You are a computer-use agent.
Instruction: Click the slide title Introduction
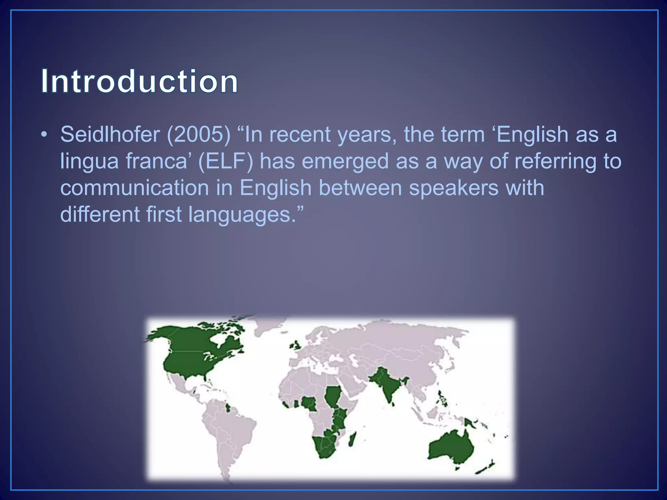(139, 81)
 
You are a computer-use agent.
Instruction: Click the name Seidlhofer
(110, 134)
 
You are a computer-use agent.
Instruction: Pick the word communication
(134, 188)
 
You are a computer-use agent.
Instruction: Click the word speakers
(453, 188)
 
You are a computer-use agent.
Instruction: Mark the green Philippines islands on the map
(443, 399)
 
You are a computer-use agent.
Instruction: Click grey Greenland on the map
(267, 326)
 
